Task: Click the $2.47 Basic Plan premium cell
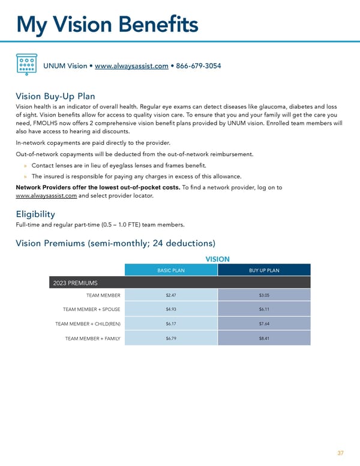tap(171, 295)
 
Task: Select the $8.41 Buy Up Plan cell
tap(264, 339)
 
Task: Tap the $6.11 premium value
tap(264, 309)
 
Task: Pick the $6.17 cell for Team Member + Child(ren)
tap(171, 324)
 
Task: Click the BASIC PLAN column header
tap(171, 270)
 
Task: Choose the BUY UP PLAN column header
tap(264, 270)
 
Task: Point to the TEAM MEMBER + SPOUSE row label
tap(91, 309)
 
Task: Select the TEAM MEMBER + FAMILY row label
tap(92, 339)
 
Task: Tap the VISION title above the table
tap(218, 259)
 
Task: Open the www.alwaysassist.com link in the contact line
tap(131, 66)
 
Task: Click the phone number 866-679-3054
tap(199, 66)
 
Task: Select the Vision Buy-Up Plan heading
tap(55, 96)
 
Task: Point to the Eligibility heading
tap(35, 214)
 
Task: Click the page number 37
tap(340, 453)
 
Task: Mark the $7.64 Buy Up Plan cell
tap(264, 324)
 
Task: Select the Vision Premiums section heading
tap(114, 243)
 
